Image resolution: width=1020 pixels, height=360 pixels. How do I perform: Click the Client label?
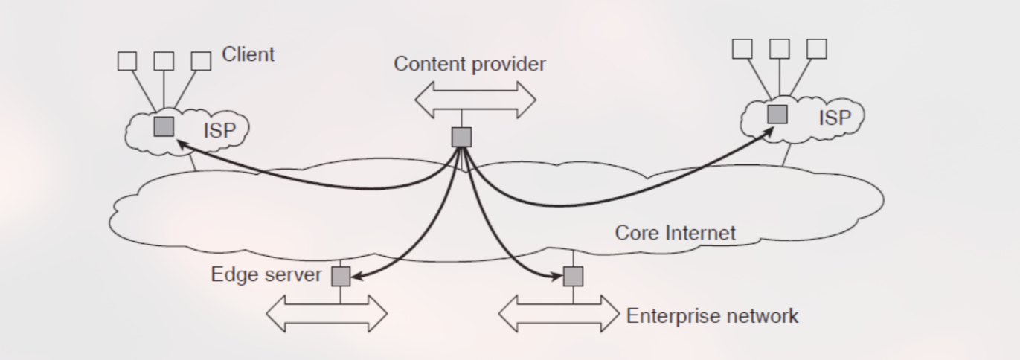pos(248,54)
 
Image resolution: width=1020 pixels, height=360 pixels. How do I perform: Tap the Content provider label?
pos(469,64)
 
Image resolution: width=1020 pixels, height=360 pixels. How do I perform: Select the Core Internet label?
pos(675,233)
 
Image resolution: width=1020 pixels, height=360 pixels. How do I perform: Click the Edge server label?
pos(266,274)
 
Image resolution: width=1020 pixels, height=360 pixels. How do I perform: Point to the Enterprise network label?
pos(712,315)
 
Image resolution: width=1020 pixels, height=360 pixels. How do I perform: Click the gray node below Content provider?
pos(462,137)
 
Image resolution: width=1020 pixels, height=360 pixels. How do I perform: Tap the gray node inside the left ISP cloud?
pos(164,126)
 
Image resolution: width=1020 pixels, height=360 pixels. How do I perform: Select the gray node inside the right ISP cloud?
pos(777,114)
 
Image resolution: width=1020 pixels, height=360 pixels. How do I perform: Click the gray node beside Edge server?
pos(341,277)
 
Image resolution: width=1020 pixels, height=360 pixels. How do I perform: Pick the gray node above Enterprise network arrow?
pos(573,277)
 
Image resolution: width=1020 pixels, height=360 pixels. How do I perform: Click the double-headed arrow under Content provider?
pos(475,99)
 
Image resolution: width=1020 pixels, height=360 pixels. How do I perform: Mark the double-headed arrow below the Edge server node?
pos(327,313)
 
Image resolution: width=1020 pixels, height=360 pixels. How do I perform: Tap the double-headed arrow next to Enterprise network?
pos(558,313)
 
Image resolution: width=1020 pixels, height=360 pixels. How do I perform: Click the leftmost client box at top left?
pos(127,61)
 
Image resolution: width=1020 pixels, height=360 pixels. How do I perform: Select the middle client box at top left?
pos(164,61)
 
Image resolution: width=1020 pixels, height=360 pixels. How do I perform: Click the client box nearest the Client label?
pos(201,61)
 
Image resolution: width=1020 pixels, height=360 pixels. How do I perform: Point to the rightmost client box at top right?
pos(817,49)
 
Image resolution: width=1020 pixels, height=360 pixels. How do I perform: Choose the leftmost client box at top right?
pos(742,49)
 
